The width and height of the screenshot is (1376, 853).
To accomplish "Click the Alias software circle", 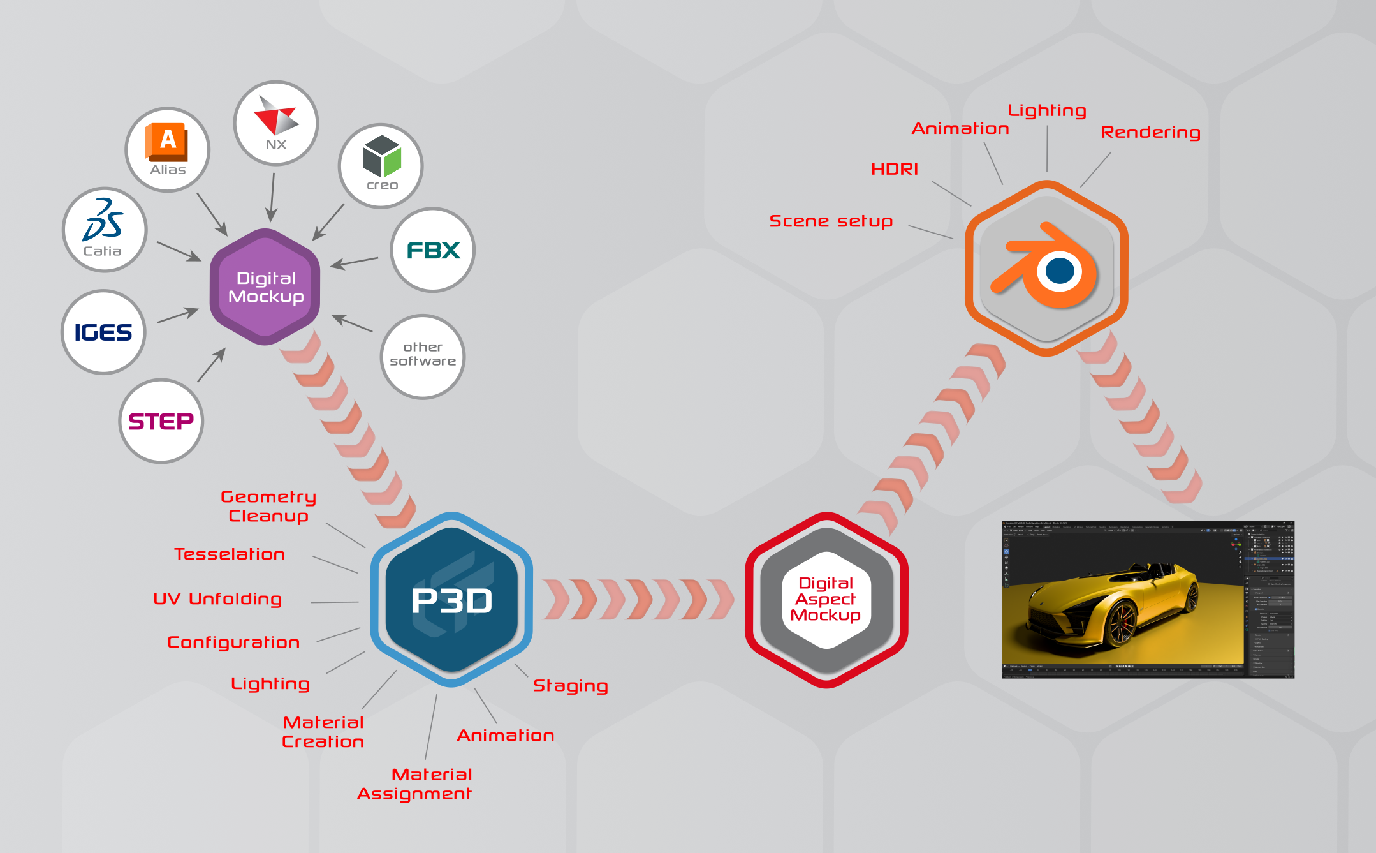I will tap(168, 150).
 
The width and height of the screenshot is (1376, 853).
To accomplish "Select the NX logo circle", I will tap(276, 123).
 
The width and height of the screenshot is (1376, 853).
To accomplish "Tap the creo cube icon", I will tap(382, 156).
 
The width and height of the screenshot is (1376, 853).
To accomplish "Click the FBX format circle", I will tap(433, 250).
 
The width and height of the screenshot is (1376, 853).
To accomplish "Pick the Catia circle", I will tap(105, 230).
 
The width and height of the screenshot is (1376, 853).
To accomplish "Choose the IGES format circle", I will tap(103, 332).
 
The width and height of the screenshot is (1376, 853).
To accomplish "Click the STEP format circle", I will tap(161, 421).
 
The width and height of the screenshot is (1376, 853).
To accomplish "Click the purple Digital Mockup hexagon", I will tap(265, 287).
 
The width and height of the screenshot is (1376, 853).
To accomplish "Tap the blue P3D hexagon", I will tap(451, 600).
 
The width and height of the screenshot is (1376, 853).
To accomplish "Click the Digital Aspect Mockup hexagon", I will tap(826, 600).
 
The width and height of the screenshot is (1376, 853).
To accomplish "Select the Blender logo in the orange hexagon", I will tap(1046, 268).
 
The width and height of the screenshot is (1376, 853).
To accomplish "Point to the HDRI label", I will tap(895, 169).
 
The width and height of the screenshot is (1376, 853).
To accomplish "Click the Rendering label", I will tap(1150, 133).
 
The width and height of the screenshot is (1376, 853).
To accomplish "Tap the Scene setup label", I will tap(831, 221).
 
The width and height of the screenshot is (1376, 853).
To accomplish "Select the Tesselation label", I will tap(230, 554).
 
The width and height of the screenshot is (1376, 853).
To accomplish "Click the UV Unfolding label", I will tap(217, 599).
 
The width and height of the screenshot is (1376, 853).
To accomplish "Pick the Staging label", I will tap(570, 686).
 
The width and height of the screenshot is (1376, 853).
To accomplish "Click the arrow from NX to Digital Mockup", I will tap(272, 197).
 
